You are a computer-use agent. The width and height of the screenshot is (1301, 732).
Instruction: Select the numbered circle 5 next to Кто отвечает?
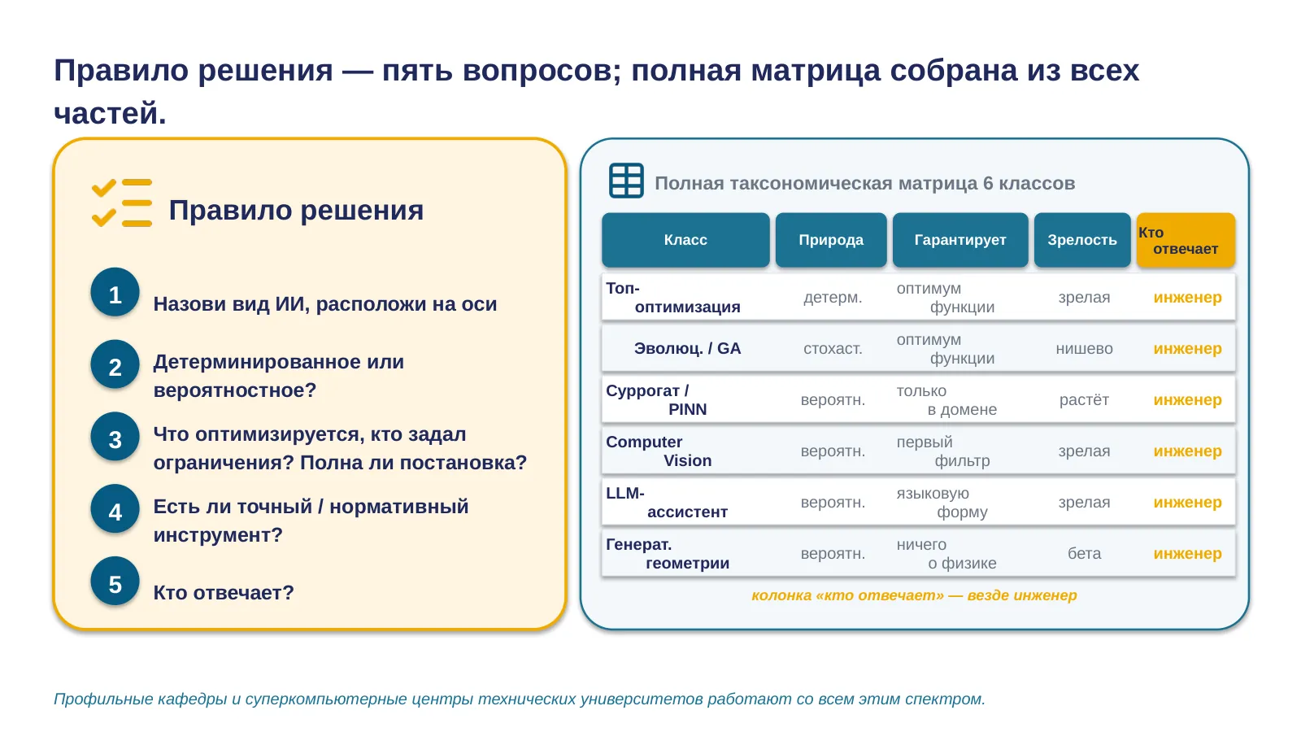click(x=115, y=582)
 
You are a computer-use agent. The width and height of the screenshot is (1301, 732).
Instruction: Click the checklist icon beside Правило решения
click(x=122, y=203)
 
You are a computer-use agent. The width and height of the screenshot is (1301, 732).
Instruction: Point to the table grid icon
click(x=626, y=181)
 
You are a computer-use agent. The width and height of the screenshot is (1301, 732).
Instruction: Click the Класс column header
click(x=685, y=240)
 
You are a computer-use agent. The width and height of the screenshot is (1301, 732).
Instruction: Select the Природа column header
click(x=831, y=240)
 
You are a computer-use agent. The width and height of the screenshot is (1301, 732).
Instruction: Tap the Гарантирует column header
click(x=960, y=240)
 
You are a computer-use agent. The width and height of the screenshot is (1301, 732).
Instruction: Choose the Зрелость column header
click(x=1082, y=240)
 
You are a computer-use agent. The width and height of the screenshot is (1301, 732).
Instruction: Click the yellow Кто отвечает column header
click(x=1186, y=240)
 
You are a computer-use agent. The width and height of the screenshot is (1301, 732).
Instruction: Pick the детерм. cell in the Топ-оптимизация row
click(x=833, y=298)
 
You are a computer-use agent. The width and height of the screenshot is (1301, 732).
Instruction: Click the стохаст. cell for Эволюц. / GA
click(x=833, y=349)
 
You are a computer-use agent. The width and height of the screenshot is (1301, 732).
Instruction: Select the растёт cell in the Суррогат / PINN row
click(x=1084, y=399)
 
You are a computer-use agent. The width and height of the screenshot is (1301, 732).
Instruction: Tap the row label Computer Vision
click(x=659, y=451)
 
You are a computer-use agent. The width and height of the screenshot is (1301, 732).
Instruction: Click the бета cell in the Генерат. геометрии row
click(x=1084, y=553)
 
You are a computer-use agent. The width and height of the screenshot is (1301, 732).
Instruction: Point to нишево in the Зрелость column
click(x=1084, y=349)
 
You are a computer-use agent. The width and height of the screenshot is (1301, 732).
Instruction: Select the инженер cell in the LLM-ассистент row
click(x=1187, y=502)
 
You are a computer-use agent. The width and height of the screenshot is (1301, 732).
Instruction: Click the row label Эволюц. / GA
click(x=687, y=349)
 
